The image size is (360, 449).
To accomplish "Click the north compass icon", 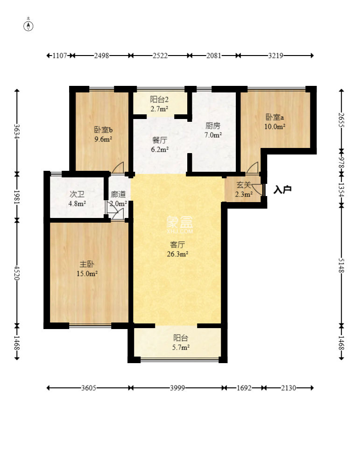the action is click(x=28, y=26).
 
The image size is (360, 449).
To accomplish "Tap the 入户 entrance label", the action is click(x=282, y=189).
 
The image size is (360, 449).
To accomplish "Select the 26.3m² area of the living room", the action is click(x=177, y=254).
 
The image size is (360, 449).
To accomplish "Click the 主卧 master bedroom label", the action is click(x=87, y=264).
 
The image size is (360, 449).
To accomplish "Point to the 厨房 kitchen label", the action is click(x=213, y=126).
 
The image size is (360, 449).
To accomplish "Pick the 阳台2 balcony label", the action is click(x=159, y=99).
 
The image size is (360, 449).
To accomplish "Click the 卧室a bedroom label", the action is click(x=275, y=117).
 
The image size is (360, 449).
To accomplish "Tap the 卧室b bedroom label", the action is click(x=103, y=130).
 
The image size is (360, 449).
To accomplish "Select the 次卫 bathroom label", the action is click(x=77, y=194).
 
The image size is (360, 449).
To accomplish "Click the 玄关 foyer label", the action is click(x=244, y=185).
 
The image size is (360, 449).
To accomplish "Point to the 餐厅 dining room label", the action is click(x=160, y=140).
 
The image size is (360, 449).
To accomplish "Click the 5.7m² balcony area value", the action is click(x=181, y=347).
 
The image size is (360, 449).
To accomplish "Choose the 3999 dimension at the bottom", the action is click(x=177, y=388).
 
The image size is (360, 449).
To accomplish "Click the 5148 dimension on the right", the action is click(x=341, y=266).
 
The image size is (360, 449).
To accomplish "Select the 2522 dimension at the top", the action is click(x=160, y=56).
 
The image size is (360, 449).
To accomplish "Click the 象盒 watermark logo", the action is click(x=180, y=222).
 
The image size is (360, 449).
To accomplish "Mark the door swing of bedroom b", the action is click(x=118, y=168).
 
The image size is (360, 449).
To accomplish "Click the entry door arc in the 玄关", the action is click(x=257, y=189).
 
